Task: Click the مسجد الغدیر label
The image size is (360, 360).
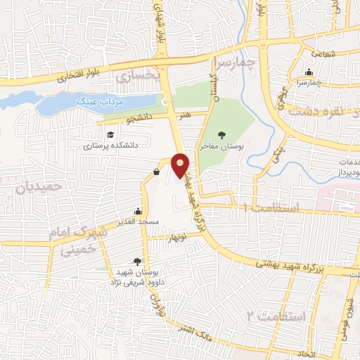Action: [139, 221]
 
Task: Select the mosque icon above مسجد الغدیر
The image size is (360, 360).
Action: [139, 211]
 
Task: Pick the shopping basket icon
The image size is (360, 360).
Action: [155, 172]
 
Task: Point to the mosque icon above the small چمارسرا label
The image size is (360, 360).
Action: [309, 72]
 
